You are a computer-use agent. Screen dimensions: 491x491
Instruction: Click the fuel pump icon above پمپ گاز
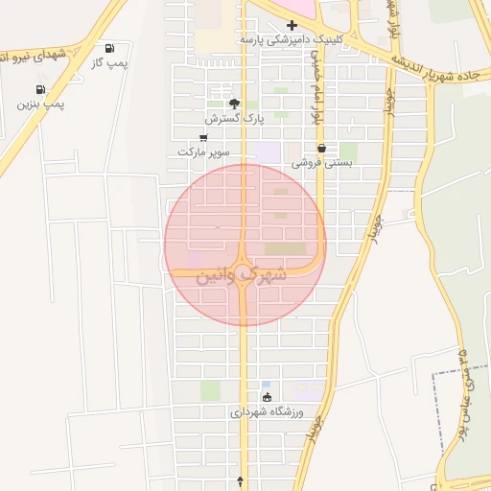coord(109,48)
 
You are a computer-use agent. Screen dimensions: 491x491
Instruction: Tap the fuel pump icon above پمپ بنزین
coord(26,89)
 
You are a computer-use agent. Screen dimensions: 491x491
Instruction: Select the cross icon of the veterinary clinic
coord(292,24)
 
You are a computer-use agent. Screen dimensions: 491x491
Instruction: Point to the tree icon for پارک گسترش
coord(234,103)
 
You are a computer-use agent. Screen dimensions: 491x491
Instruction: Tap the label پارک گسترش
coord(233,118)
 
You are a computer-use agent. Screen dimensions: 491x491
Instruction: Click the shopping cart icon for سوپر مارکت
coord(202,138)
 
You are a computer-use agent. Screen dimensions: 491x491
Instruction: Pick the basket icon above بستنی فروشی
coord(320,149)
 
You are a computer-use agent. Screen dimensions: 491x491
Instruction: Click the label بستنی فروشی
coord(322,163)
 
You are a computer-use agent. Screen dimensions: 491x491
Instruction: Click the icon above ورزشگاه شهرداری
coord(267,397)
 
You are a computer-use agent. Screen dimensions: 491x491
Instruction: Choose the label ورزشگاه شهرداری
coord(267,411)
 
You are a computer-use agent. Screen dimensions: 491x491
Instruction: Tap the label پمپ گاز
coord(108,62)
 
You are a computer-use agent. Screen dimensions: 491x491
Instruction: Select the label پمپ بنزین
coord(40,104)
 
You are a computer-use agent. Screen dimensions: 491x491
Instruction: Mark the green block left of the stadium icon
coord(210,390)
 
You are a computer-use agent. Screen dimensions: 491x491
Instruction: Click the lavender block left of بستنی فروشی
coord(269,152)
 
